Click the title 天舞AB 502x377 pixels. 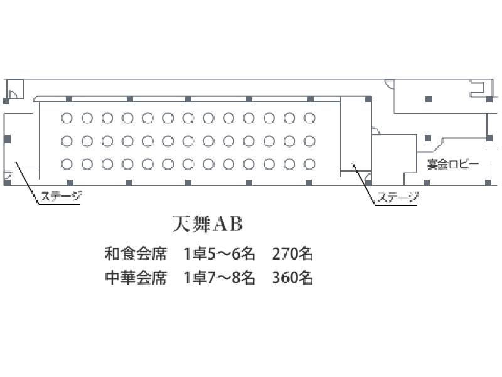coord(207,224)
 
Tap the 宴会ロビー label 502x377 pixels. coord(452,164)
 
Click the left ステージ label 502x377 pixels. coord(61,196)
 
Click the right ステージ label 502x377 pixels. coord(398,197)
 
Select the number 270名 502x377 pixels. coord(292,254)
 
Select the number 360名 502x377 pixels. coord(292,278)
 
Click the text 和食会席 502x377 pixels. coord(136,254)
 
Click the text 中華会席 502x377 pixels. coord(136,278)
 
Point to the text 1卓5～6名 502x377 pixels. coord(219,254)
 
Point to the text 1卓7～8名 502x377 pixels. coord(219,278)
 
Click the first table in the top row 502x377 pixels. coord(67,118)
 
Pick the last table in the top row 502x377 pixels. coord(309,118)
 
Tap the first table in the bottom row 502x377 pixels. coord(67,164)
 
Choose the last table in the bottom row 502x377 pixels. coord(309,164)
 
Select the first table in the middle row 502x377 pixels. coord(67,141)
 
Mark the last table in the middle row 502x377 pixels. coord(309,141)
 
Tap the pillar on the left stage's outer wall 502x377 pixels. coord(7,139)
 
